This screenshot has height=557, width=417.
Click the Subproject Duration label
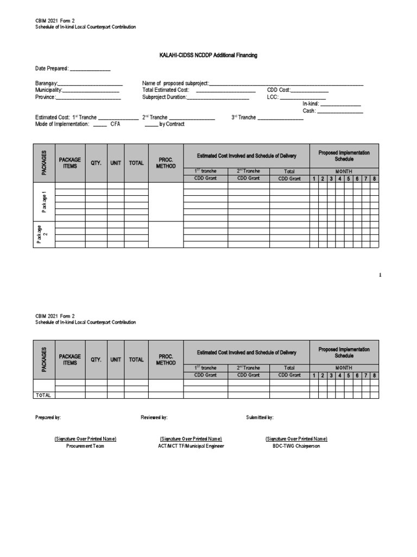coord(165,97)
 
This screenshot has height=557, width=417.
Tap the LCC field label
coord(273,97)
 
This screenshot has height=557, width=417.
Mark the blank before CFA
coord(100,124)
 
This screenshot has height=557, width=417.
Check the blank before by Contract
coord(151,124)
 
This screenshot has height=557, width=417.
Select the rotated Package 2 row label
coord(45,234)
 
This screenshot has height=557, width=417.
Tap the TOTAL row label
coord(43,395)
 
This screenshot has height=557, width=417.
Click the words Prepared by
coord(48,417)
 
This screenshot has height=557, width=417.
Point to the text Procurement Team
coord(85,446)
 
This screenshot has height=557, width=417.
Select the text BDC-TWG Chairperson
coord(296,446)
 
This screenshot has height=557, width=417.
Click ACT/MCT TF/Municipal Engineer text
coord(191,446)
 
